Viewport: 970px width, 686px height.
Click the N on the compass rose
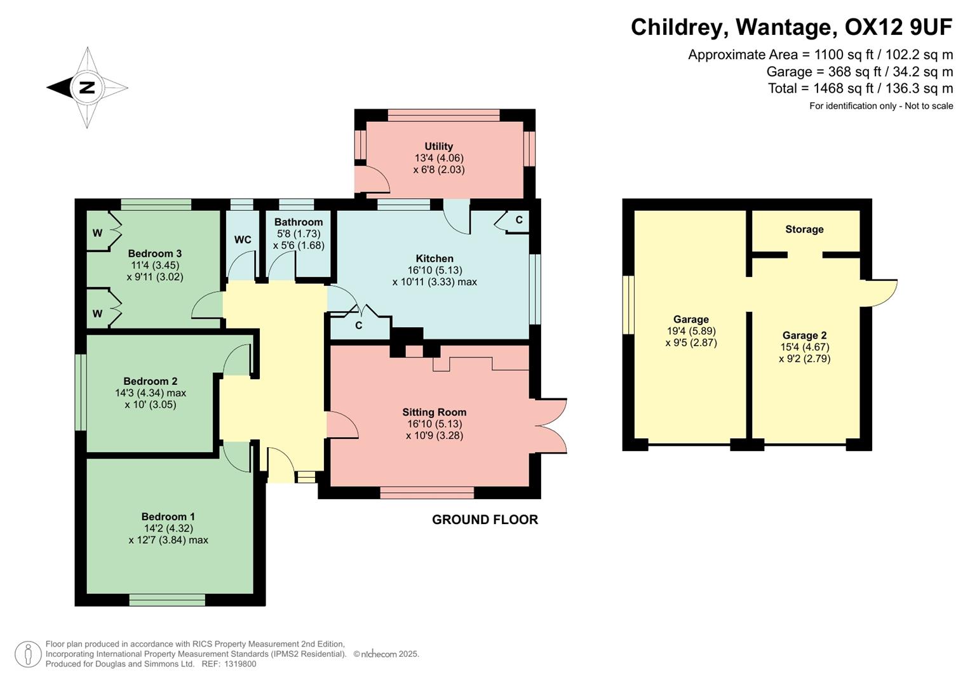tap(86, 88)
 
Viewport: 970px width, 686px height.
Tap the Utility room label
tap(438, 146)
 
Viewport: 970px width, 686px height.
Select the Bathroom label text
tap(299, 222)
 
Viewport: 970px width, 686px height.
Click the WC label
tap(243, 239)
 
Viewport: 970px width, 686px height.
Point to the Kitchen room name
tap(434, 259)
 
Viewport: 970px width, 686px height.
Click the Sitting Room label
tap(434, 412)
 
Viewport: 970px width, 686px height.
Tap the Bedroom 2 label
tap(151, 381)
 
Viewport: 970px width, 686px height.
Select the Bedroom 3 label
tap(155, 253)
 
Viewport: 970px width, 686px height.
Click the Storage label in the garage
tap(804, 229)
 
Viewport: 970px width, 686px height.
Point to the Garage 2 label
tap(804, 335)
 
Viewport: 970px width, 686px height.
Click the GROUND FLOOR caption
tap(485, 520)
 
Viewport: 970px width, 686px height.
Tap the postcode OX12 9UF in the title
tap(898, 27)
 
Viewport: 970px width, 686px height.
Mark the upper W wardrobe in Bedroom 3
tap(98, 233)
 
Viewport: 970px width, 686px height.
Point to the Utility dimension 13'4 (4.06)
tap(438, 158)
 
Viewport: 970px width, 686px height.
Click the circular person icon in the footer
tap(28, 654)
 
